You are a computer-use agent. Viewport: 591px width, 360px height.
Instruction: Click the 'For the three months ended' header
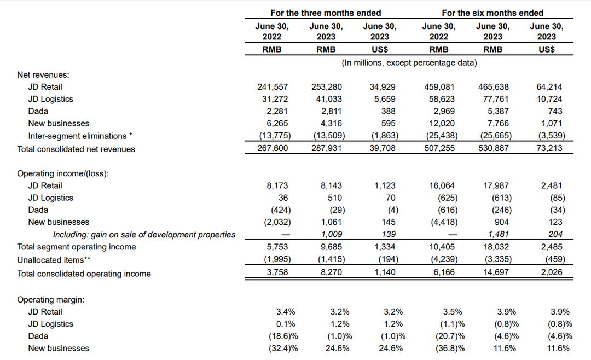326,13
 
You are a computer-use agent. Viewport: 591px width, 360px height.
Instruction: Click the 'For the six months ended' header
493,13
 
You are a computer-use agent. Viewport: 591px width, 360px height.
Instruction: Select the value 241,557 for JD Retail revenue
272,86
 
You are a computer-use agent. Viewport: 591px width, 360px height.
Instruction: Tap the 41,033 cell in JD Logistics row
327,99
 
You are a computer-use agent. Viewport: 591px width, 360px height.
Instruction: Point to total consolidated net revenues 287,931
327,149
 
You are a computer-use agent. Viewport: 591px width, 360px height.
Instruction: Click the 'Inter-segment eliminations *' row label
80,136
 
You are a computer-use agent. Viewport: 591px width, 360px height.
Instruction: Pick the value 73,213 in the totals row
549,149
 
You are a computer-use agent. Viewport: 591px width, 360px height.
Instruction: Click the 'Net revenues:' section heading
47,74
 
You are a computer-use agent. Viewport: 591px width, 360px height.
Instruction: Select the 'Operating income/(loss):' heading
63,173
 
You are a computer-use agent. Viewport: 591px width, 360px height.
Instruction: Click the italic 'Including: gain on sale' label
144,235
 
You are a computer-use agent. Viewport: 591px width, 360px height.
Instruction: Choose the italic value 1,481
494,235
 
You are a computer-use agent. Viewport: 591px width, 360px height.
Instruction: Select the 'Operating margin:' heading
50,300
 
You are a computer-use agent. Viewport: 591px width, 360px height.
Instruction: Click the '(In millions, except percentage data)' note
409,63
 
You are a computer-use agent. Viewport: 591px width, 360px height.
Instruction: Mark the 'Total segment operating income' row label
77,247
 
